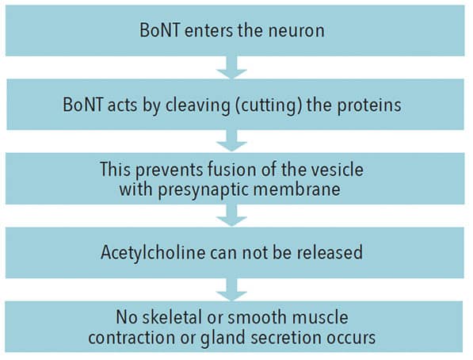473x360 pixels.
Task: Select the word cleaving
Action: pyautogui.click(x=197, y=105)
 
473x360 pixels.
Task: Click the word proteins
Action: pyautogui.click(x=369, y=105)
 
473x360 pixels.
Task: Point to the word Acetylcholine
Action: pyautogui.click(x=153, y=252)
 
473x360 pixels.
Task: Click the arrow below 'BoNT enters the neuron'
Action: pyautogui.click(x=231, y=67)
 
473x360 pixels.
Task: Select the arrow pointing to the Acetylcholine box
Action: pyautogui.click(x=231, y=216)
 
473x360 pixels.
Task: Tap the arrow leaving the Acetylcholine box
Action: pyautogui.click(x=231, y=289)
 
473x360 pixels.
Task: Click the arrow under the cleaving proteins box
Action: pyautogui.click(x=231, y=140)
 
